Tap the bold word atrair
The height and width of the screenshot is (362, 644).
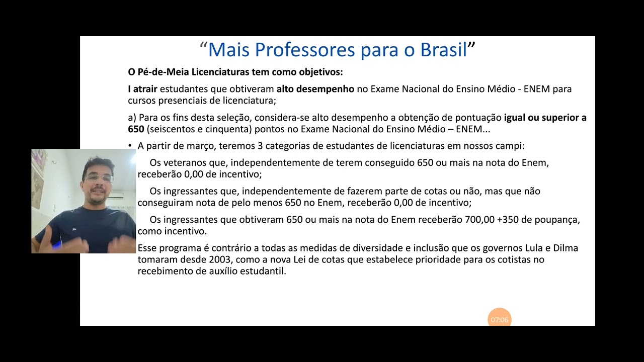pos(145,89)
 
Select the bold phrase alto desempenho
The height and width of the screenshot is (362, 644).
pos(315,89)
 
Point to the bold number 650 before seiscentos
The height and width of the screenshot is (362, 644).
pos(136,129)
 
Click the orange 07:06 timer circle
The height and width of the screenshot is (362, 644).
pos(500,319)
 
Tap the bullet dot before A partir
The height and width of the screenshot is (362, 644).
pos(130,146)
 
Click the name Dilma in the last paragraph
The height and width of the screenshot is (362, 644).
pos(566,248)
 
